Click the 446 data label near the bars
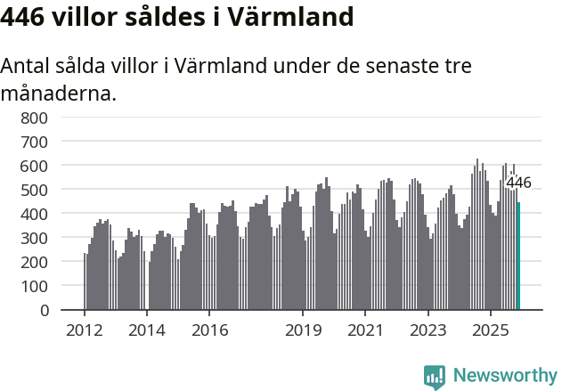[x=518, y=183]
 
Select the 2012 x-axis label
[x=85, y=330]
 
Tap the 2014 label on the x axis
[x=147, y=330]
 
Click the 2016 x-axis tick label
[x=209, y=330]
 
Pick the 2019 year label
[x=303, y=330]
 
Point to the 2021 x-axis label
[x=365, y=330]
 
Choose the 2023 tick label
[x=428, y=330]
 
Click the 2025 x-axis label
[x=490, y=330]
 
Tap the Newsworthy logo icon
[x=435, y=377]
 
